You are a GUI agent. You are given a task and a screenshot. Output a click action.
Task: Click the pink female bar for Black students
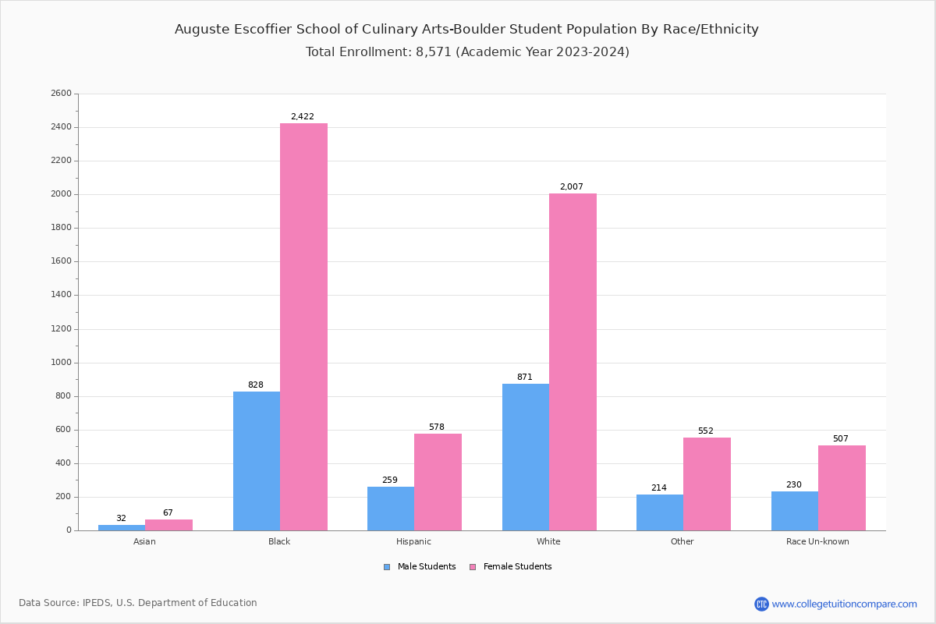[303, 327]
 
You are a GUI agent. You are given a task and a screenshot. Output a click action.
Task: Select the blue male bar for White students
[525, 457]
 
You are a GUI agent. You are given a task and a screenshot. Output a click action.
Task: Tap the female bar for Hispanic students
[438, 482]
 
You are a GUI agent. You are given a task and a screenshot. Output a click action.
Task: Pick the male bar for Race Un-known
[794, 511]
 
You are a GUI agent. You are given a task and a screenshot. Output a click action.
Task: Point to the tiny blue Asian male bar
[121, 528]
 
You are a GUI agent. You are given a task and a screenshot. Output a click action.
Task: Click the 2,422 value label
[302, 117]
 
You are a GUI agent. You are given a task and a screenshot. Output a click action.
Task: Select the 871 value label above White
[524, 378]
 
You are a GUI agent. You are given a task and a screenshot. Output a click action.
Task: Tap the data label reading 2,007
[571, 187]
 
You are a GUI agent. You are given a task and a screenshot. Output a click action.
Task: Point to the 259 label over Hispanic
[389, 480]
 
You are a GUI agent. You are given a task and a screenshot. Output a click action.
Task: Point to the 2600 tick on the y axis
[61, 94]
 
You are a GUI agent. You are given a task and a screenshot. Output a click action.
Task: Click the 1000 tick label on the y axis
[61, 363]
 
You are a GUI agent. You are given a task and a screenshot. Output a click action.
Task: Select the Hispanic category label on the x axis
[413, 541]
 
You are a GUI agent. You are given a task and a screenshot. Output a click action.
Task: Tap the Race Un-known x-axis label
[817, 541]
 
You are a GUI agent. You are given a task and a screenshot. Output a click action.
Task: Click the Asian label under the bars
[144, 541]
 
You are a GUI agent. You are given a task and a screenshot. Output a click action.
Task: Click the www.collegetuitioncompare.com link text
[844, 604]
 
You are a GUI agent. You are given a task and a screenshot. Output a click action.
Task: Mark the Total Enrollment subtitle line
[467, 52]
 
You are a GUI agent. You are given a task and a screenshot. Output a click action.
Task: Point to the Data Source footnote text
[138, 603]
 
